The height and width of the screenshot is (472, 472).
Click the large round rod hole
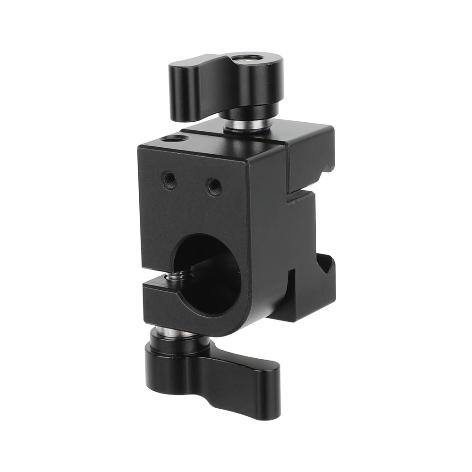[x=208, y=274]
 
